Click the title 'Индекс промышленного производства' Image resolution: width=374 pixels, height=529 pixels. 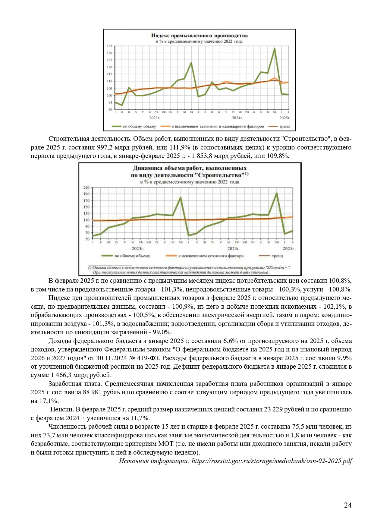pos(199,36)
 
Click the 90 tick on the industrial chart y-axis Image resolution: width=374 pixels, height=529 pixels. pos(110,109)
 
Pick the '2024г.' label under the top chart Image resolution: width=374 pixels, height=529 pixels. pos(237,118)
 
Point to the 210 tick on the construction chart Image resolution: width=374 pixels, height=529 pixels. pos(86,187)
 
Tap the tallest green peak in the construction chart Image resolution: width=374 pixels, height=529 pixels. pos(277,193)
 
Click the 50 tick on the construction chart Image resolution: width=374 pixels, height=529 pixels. pos(87,239)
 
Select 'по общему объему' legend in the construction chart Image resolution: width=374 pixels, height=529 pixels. pos(132,256)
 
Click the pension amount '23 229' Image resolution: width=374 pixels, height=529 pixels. pos(275,410)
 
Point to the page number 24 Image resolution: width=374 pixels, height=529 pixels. pos(348,505)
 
